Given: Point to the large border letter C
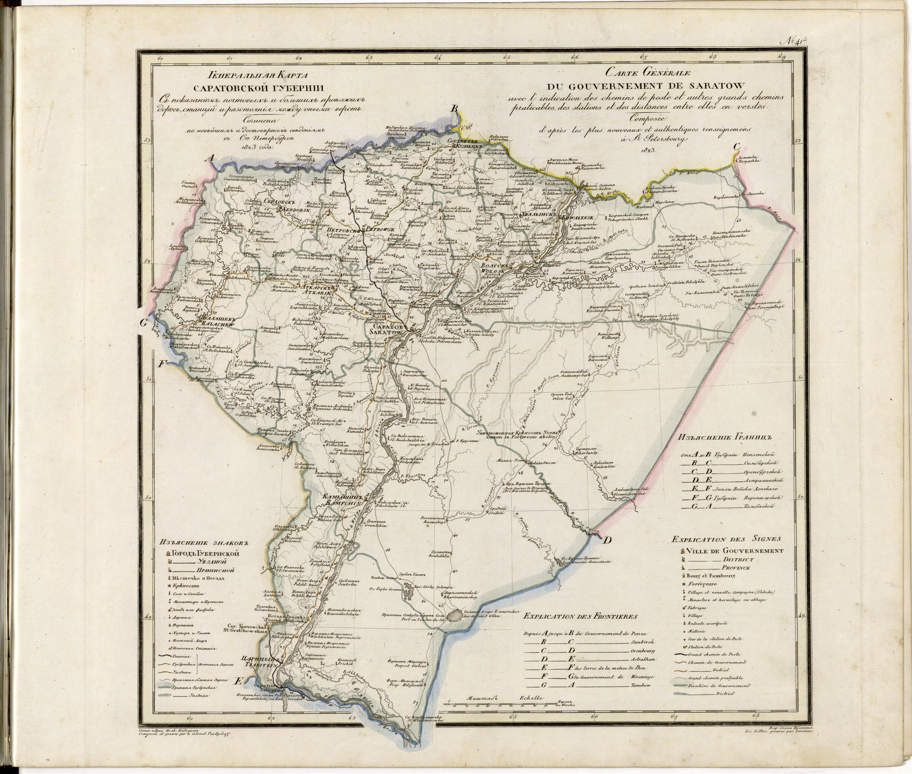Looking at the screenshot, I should (x=737, y=147).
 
